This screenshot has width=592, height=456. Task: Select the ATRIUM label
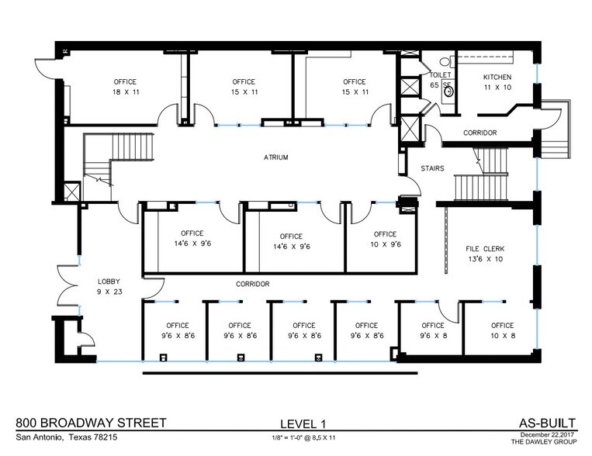pos(275,157)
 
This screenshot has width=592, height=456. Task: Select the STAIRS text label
pos(432,168)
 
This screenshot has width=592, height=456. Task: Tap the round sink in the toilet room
pos(448,91)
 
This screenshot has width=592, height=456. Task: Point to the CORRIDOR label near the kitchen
pos(479,133)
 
